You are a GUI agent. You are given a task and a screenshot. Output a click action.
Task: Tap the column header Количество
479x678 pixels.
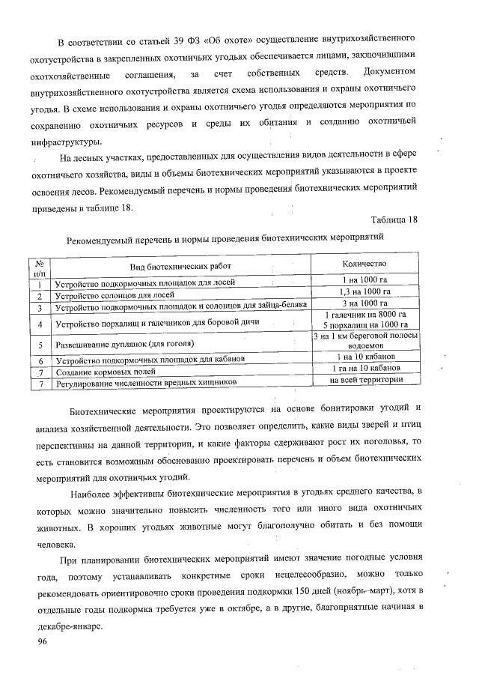pyautogui.click(x=364, y=264)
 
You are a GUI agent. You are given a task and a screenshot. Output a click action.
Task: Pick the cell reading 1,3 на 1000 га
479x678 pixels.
pyautogui.click(x=364, y=291)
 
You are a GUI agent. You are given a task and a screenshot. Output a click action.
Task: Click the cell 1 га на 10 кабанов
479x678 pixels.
pyautogui.click(x=364, y=369)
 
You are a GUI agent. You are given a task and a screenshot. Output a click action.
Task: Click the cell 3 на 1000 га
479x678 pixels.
pyautogui.click(x=364, y=303)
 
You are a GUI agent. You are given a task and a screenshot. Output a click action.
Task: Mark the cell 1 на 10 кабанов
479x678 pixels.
pyautogui.click(x=365, y=357)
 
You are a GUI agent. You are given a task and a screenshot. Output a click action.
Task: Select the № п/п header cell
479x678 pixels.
pyautogui.click(x=40, y=268)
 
